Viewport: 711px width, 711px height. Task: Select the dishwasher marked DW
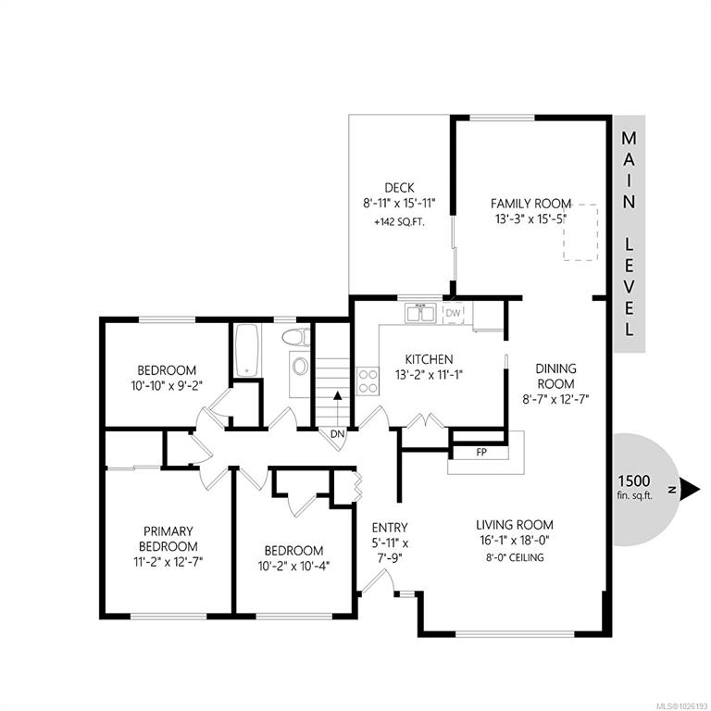(x=453, y=314)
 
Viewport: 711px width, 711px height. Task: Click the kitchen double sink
(x=421, y=313)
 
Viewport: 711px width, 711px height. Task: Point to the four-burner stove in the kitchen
(x=368, y=380)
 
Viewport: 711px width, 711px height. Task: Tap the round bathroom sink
(x=301, y=366)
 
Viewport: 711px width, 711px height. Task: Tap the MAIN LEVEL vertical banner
(x=628, y=233)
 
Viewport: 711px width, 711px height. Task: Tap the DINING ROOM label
(x=555, y=376)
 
